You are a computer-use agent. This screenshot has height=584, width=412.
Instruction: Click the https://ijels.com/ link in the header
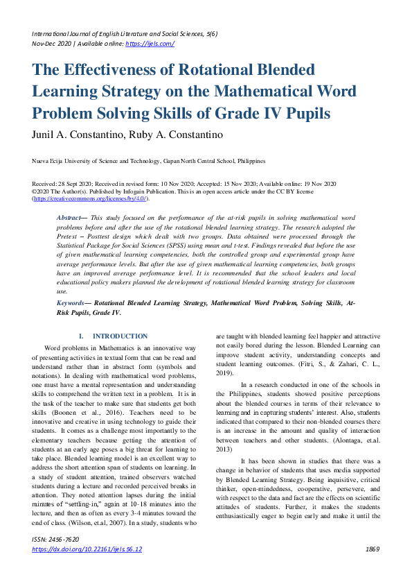pyautogui.click(x=149, y=43)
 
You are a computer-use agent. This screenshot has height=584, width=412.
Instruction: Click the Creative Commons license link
pyautogui.click(x=90, y=198)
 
